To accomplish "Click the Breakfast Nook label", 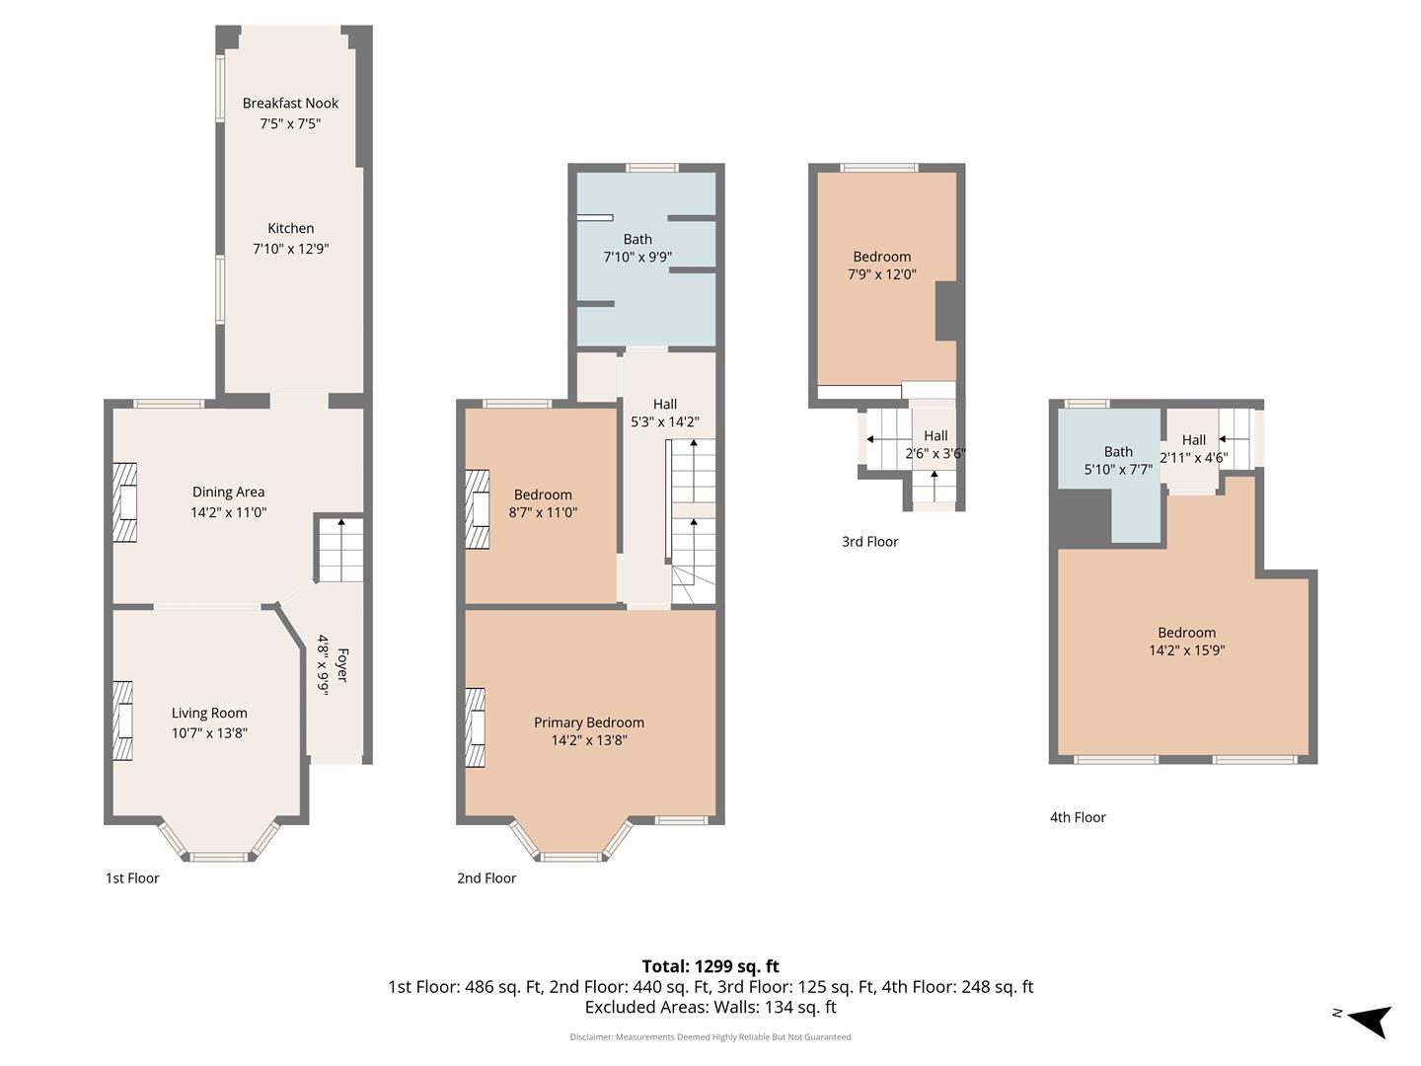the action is point(290,103).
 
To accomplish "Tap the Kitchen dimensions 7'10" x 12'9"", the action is point(291,249).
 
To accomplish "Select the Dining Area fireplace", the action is point(125,502).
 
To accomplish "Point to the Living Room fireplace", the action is point(123,721).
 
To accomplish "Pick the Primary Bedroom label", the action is point(589,723).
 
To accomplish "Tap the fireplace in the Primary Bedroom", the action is point(476,728).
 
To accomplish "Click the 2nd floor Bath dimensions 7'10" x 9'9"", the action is point(637,257).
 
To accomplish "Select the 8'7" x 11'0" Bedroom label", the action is point(543,503).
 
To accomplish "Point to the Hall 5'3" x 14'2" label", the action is point(665,413).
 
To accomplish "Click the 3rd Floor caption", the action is point(869,542).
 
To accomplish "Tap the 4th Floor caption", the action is point(1078,817).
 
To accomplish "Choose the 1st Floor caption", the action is point(132,878).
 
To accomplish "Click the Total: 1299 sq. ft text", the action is point(710,966).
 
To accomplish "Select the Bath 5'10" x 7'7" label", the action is point(1118,460).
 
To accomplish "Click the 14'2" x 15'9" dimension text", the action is point(1187,650).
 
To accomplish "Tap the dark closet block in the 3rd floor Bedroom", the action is point(947,311).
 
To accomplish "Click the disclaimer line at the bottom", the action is point(710,1036).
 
